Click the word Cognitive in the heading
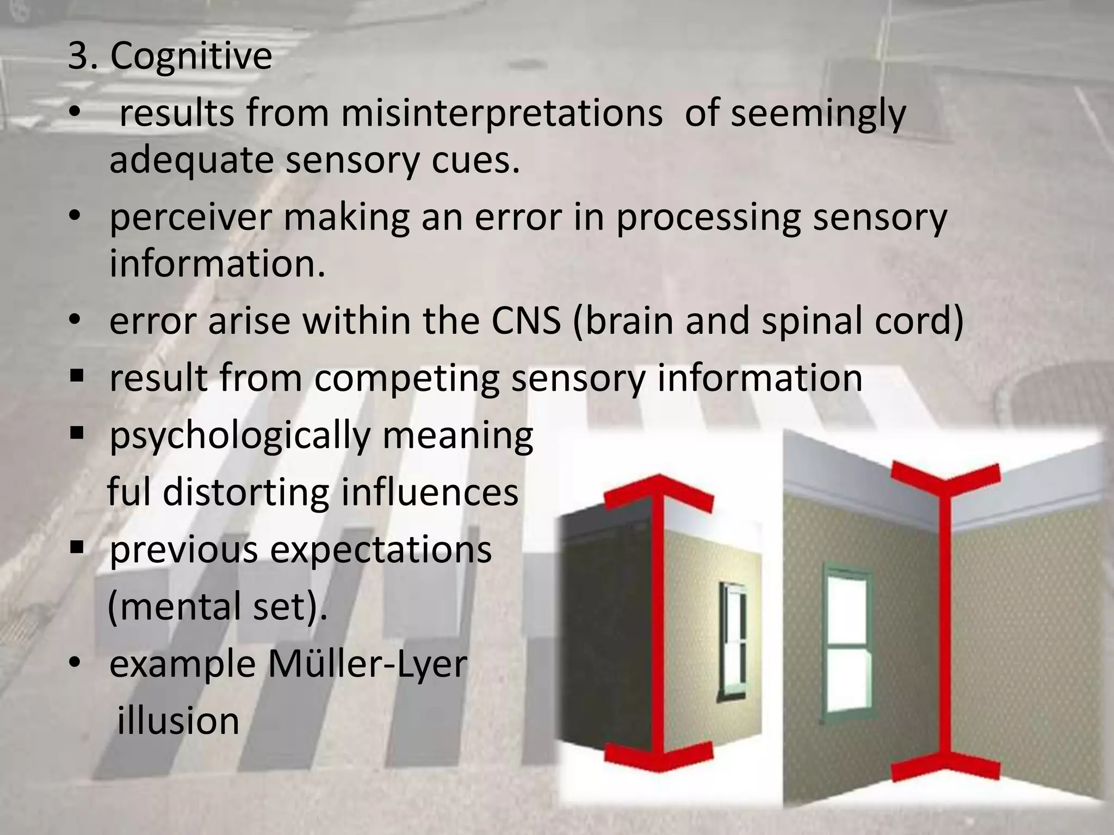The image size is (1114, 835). click(x=191, y=57)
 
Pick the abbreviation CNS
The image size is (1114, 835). click(x=526, y=321)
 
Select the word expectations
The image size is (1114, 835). click(x=381, y=550)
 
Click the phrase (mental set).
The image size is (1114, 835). click(x=218, y=606)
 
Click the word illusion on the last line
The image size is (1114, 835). click(x=178, y=721)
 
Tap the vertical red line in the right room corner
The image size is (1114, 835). click(x=946, y=620)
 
